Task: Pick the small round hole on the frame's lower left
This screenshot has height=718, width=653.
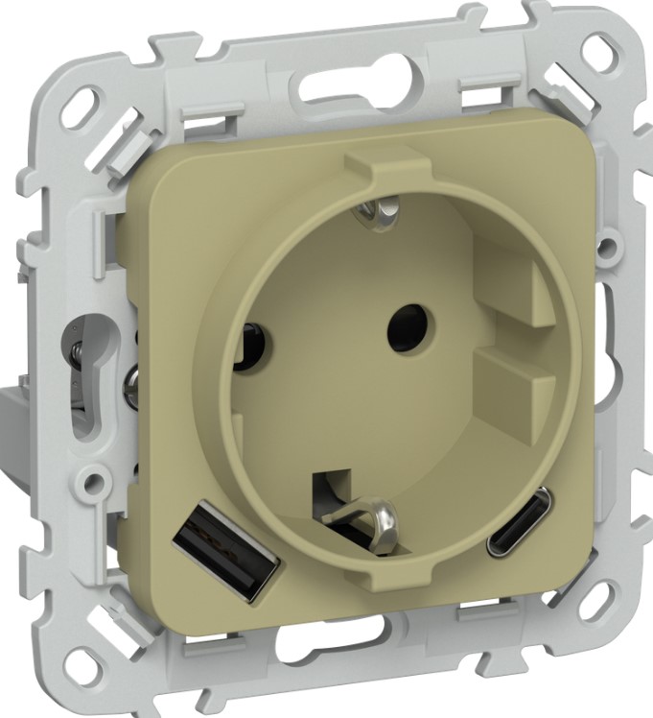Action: tap(93, 476)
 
